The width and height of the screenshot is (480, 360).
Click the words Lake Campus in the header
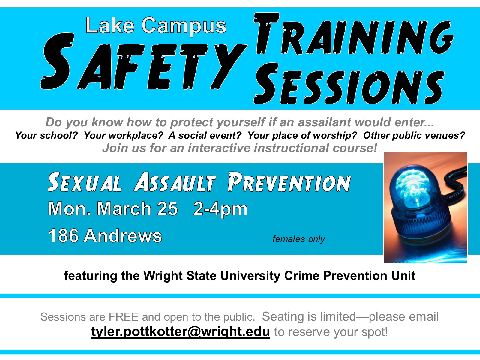[x=156, y=26]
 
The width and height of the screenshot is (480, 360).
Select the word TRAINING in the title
[x=354, y=34]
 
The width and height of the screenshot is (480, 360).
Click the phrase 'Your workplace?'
[x=124, y=135]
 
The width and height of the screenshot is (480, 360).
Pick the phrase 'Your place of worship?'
[x=302, y=135]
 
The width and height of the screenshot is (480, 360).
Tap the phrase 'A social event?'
[x=205, y=135]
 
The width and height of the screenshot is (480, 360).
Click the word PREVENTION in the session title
[x=289, y=182]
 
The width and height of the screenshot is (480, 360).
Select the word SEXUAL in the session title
[x=84, y=182]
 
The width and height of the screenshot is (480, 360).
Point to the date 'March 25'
[x=137, y=208]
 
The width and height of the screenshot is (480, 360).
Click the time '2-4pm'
[x=220, y=209]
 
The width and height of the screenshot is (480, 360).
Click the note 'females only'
[x=299, y=239]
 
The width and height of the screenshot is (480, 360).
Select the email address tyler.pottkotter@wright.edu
[x=181, y=332]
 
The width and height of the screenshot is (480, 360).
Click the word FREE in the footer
[x=123, y=317]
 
